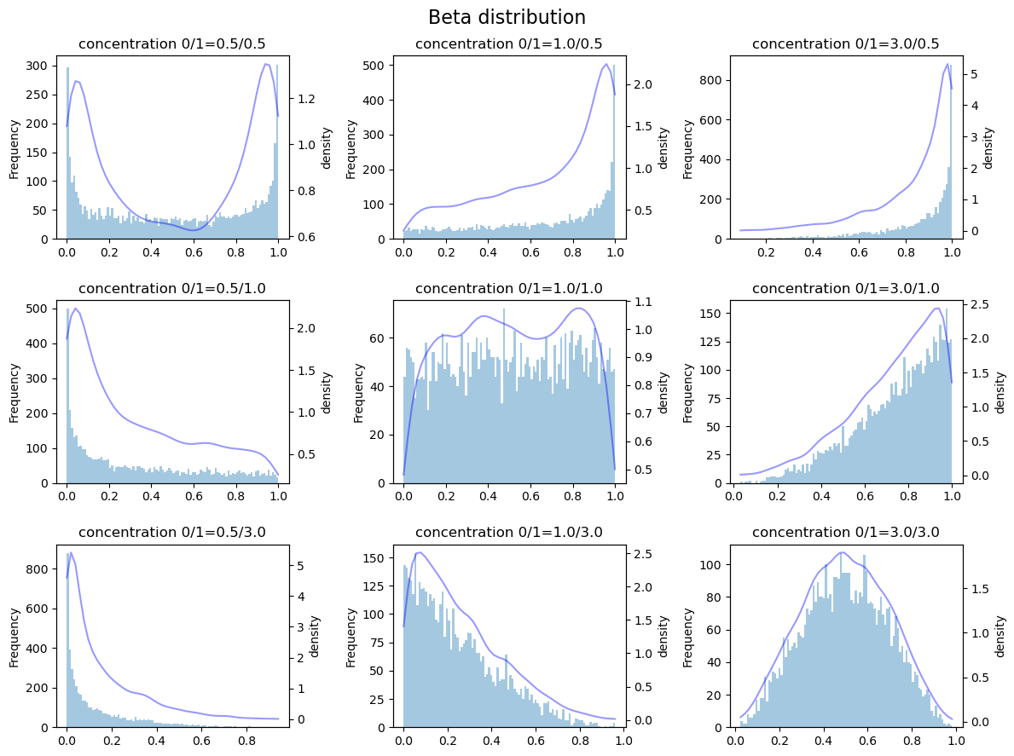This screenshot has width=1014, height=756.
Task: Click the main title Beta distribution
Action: coord(507,18)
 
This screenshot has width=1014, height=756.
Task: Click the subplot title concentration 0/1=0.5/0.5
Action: coord(171,44)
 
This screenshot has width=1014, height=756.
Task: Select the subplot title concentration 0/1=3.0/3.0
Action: coord(845,533)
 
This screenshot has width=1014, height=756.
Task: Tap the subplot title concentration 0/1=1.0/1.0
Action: coord(508,289)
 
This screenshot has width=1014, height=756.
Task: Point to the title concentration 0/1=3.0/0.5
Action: coord(845,44)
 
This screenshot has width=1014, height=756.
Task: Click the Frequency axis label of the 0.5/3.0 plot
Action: coord(14,637)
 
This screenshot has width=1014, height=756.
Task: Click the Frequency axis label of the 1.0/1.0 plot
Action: coord(358,392)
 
